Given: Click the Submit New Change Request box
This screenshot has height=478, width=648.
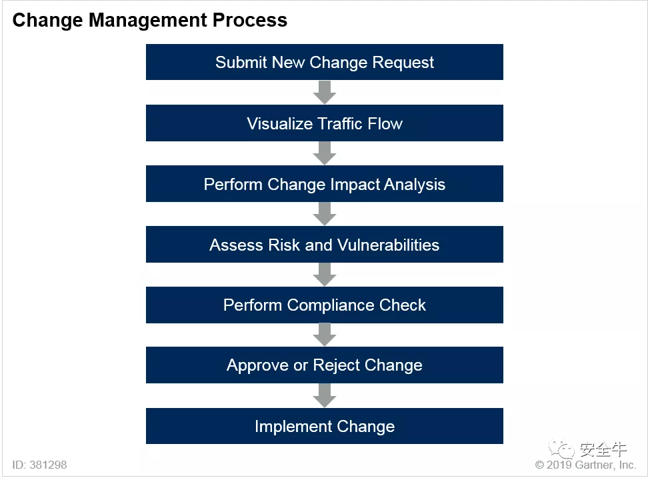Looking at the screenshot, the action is tap(325, 62).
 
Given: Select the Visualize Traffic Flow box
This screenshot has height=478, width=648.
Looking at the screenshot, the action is tap(325, 123).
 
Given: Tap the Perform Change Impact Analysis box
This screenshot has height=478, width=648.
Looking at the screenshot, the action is tap(325, 184).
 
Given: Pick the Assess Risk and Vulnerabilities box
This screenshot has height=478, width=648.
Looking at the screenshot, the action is tap(325, 244).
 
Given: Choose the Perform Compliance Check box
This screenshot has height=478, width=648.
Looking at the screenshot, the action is tap(325, 305).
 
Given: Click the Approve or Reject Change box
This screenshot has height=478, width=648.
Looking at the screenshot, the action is tap(325, 365).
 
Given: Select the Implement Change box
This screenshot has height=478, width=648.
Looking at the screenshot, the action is tap(325, 426).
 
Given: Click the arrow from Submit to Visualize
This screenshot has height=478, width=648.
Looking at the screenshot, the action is tap(325, 93).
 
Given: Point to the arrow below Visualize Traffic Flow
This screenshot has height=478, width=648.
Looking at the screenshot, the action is tap(325, 153).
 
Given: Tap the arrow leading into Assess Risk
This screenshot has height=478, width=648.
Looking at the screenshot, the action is tap(325, 214).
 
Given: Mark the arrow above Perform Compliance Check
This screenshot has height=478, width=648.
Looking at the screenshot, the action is tap(325, 275).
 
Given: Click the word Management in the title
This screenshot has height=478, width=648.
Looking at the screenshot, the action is tap(147, 21).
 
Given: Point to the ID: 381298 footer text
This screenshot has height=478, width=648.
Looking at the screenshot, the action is tap(40, 465).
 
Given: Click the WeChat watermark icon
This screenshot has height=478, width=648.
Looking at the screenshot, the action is tap(561, 449).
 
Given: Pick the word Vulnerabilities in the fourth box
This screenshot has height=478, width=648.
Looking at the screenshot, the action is tap(388, 245).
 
